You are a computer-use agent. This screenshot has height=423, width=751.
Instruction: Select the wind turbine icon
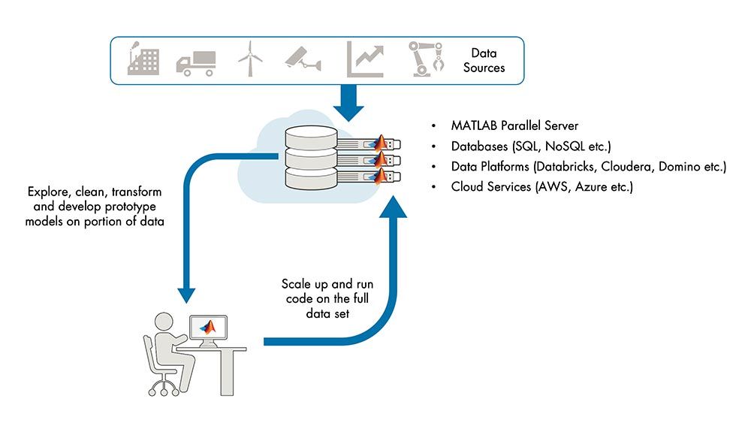(x=250, y=58)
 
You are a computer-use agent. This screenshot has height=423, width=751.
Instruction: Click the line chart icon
(x=366, y=59)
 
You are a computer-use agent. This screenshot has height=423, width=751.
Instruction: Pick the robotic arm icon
(x=425, y=59)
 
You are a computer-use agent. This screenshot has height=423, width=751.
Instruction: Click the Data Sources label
(x=484, y=60)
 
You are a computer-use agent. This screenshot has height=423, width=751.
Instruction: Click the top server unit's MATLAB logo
(x=382, y=142)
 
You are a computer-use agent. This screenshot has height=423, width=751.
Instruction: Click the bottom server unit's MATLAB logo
(x=382, y=177)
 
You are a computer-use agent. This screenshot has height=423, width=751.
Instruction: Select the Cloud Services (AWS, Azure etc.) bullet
(x=541, y=186)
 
